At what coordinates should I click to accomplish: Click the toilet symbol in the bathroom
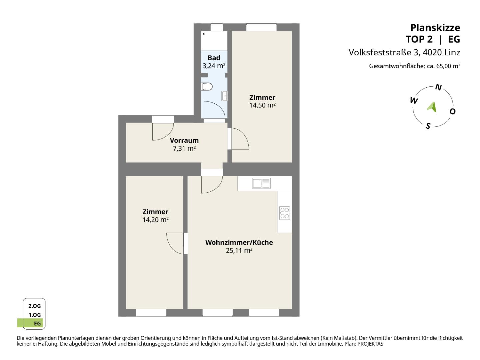(207, 87)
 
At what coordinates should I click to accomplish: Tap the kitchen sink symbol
(261, 183)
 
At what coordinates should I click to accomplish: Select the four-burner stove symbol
(285, 213)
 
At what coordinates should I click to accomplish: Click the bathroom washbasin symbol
(224, 96)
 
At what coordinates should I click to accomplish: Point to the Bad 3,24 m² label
(214, 62)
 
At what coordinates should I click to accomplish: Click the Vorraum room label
(184, 140)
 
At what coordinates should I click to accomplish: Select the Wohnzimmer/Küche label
(239, 242)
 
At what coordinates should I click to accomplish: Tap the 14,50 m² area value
(262, 105)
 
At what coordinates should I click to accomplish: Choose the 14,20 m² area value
(155, 220)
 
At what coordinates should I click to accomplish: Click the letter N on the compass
(438, 87)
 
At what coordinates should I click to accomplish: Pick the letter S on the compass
(428, 126)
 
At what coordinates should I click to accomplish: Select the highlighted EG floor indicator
(30, 323)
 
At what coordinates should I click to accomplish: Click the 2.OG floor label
(35, 306)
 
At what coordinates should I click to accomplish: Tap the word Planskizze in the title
(435, 28)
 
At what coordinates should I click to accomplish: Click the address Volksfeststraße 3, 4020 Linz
(404, 52)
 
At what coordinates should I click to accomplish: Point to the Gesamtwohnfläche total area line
(415, 66)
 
